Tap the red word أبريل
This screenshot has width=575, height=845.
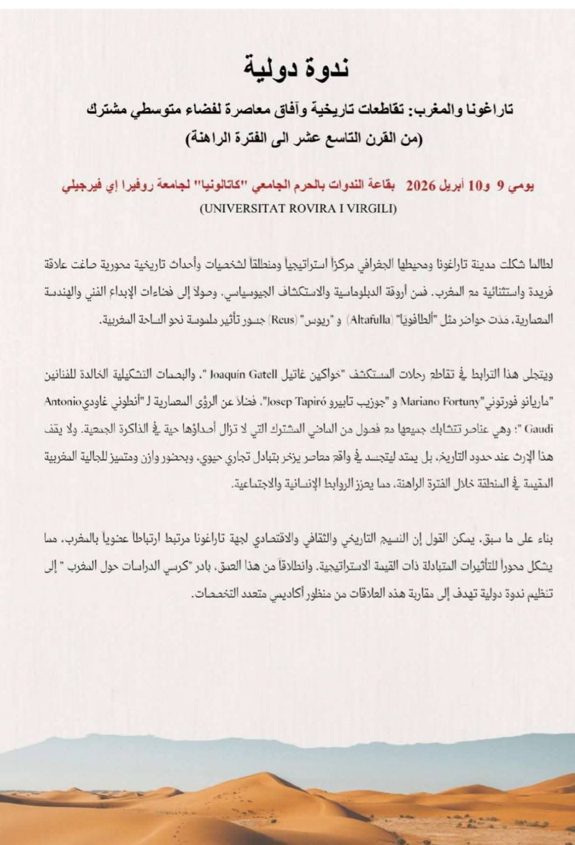point(453,186)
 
